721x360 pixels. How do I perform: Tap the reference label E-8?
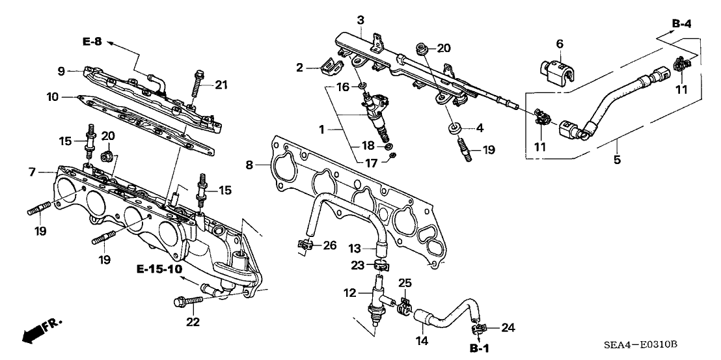coord(92,42)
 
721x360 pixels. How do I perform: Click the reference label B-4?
coord(681,24)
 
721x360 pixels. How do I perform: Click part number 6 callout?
coord(558,44)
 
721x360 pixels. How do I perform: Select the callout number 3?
coord(360,21)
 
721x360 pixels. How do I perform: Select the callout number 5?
coord(616,159)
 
